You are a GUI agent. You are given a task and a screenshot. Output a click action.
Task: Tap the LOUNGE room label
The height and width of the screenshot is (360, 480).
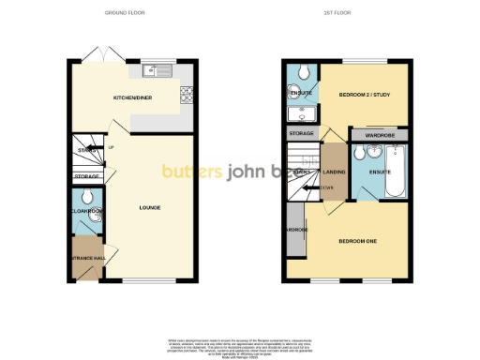(x=148, y=207)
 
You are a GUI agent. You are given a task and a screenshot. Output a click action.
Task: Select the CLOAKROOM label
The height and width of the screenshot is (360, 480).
(x=84, y=212)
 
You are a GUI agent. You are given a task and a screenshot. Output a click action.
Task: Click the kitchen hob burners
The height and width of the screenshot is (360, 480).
(x=186, y=93)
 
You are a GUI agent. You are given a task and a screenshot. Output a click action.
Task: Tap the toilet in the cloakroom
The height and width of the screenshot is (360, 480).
(x=85, y=197)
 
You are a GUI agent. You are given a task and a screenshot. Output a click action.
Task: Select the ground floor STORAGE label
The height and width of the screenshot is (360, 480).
(x=87, y=176)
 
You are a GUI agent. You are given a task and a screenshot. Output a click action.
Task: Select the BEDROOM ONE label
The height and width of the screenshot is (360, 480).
(x=357, y=242)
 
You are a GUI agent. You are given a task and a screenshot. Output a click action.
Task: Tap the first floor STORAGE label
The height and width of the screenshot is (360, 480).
(x=302, y=134)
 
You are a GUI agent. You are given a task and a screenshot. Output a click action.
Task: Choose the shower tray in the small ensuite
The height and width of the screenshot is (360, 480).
(x=302, y=113)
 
